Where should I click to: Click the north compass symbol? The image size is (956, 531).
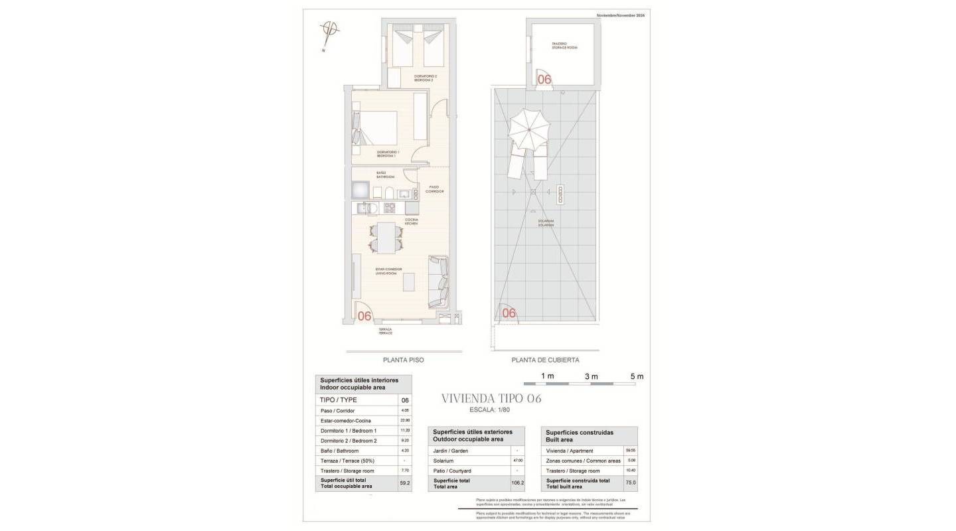329,31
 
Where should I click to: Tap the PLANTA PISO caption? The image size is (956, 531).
403,360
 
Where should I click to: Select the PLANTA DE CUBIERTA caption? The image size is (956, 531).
545,360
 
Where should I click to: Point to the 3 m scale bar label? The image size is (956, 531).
591,376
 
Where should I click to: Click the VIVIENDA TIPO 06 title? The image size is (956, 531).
491,398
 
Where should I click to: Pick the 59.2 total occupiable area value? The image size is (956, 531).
404,483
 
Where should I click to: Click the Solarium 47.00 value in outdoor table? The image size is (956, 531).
517,461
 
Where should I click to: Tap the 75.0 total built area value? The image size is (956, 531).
630,483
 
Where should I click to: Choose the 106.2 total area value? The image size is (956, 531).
517,483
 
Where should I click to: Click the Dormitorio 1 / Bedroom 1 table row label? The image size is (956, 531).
349,431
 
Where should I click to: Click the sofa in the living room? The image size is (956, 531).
438,281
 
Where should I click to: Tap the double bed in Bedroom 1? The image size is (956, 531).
376,128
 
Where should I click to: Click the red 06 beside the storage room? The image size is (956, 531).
544,79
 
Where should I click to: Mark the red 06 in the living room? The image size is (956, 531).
364,316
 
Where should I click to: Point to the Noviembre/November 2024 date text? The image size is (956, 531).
621,15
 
